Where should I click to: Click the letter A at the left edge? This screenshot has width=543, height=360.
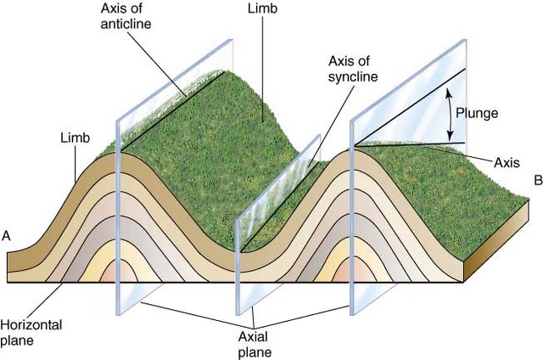8,237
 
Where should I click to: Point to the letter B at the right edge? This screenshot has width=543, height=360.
536,180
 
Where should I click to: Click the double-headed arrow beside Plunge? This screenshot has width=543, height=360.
449,115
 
